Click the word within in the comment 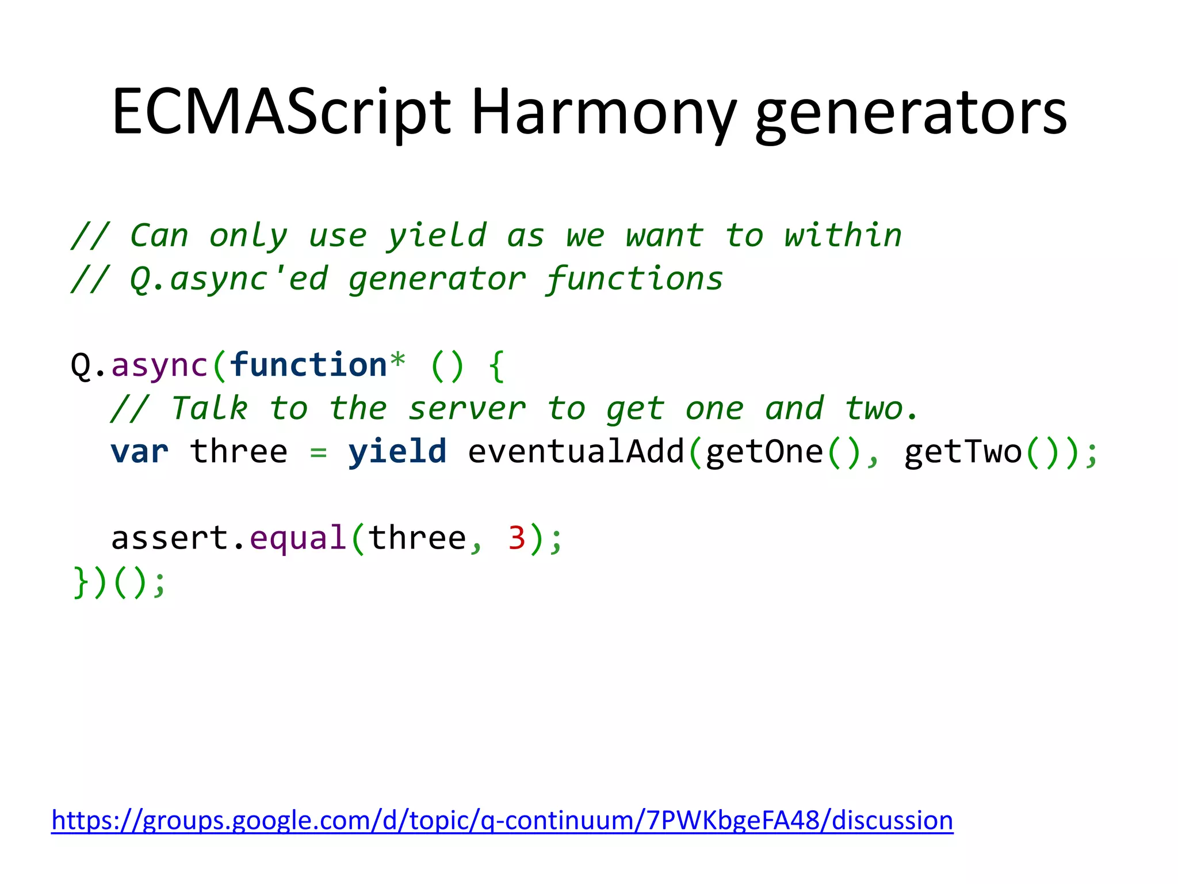[x=843, y=235]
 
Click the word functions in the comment [x=634, y=279]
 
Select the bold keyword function [x=308, y=365]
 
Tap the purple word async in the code [x=159, y=366]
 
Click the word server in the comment [x=466, y=409]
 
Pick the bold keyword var [x=140, y=452]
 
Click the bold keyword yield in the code [x=397, y=452]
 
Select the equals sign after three [x=318, y=453]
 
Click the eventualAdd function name [x=576, y=452]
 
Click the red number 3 [x=517, y=538]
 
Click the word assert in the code [x=170, y=538]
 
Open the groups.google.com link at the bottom [x=502, y=820]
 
